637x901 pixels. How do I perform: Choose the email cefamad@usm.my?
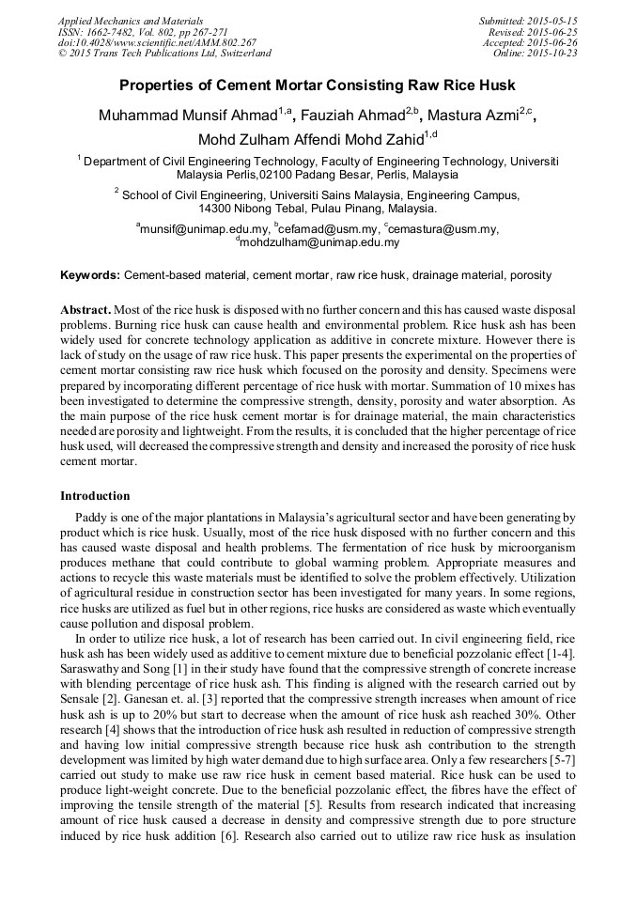click(326, 228)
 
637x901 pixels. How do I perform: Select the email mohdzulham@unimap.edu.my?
click(318, 242)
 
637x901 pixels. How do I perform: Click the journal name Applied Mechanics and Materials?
click(131, 21)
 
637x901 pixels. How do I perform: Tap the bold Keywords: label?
click(90, 275)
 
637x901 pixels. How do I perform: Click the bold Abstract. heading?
click(85, 309)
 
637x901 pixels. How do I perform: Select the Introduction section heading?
click(95, 496)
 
